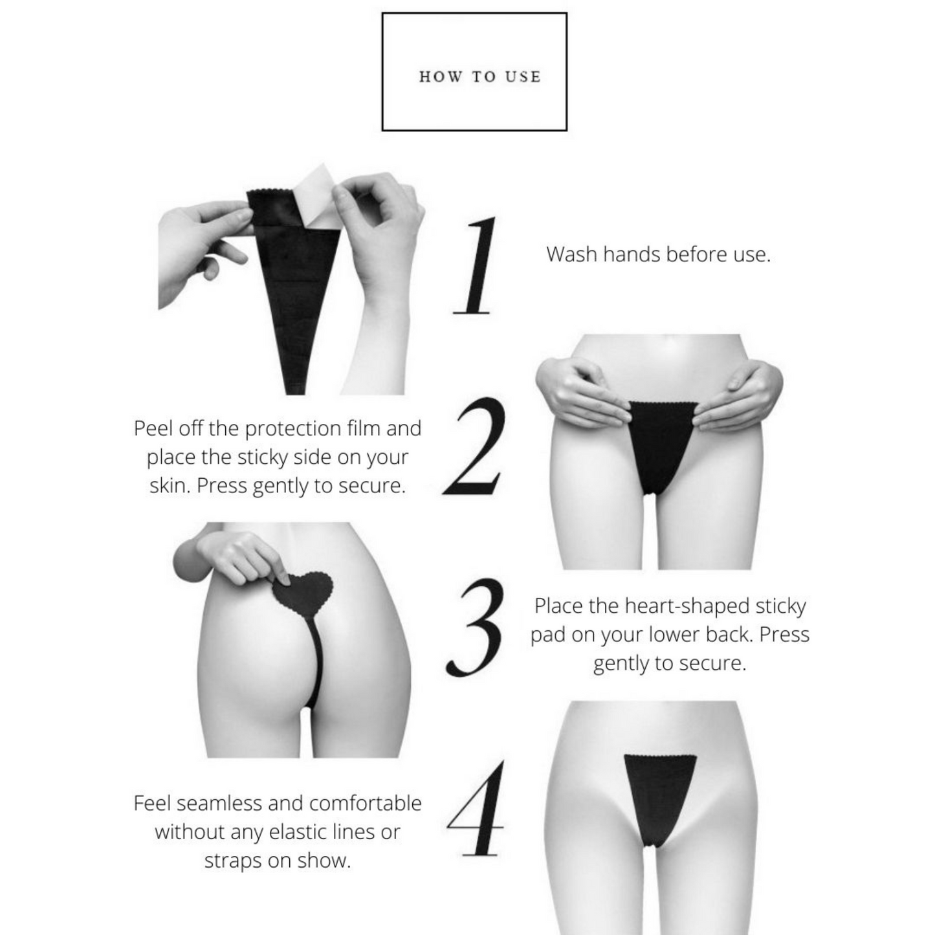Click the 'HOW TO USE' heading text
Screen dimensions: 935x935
coord(479,76)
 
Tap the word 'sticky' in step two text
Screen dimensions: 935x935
coord(261,458)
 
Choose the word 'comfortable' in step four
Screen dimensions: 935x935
coord(366,804)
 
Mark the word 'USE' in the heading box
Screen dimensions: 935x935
coord(523,76)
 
